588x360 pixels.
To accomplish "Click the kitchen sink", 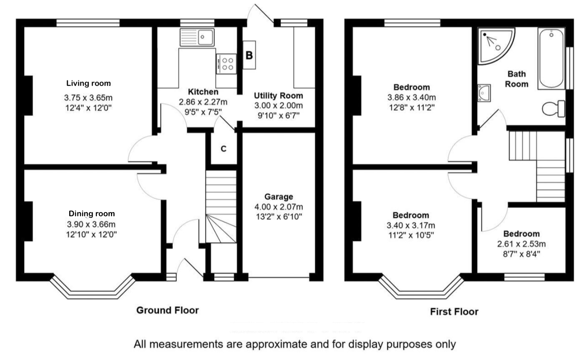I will [x=197, y=37].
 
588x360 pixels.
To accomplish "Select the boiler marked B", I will [x=249, y=55].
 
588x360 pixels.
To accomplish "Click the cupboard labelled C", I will [x=224, y=149].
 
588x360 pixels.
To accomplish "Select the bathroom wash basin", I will [x=484, y=92].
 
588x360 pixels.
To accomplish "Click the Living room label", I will [x=89, y=83].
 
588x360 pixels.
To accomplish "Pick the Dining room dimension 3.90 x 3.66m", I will [x=91, y=225].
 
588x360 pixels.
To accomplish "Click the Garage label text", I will [x=279, y=197].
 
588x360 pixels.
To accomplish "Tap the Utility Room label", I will [x=279, y=96].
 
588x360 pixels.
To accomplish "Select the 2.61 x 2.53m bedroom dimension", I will [x=521, y=244].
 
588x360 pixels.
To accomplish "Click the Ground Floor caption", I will [x=168, y=310].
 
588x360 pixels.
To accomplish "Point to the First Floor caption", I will [x=454, y=312].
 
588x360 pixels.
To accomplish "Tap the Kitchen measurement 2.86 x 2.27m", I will [x=203, y=102].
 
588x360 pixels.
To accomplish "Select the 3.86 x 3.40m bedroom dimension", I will [x=411, y=97].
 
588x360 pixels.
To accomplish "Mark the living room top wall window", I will [x=88, y=22].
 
